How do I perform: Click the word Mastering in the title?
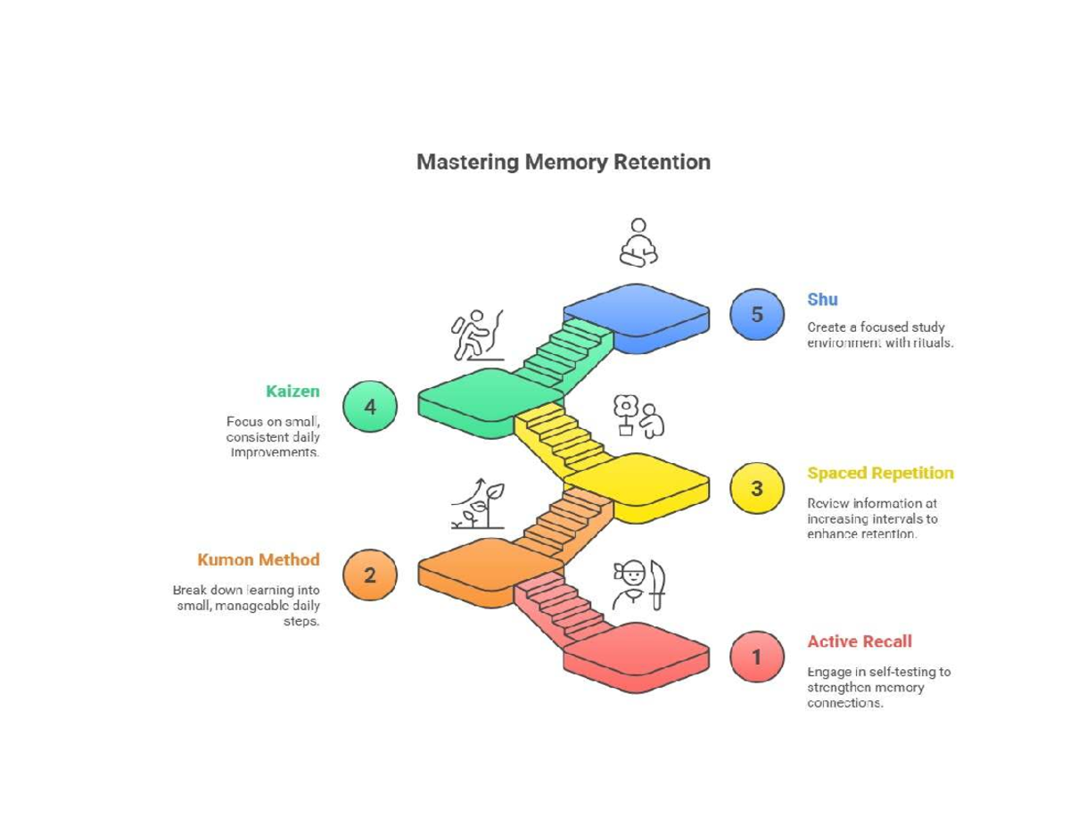(x=468, y=162)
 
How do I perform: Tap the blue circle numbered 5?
(x=757, y=315)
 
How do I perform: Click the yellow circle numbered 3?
(x=757, y=488)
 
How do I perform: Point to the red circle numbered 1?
(x=757, y=657)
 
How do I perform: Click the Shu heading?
(x=822, y=300)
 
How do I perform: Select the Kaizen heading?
(x=292, y=391)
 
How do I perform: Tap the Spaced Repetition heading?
(x=879, y=473)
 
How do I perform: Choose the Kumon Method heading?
(x=259, y=559)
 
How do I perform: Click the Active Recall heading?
(x=859, y=641)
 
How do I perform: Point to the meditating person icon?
(x=638, y=243)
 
